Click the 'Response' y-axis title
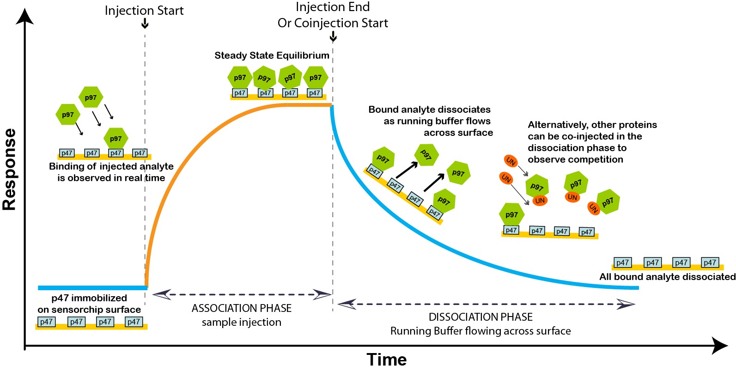[9, 169]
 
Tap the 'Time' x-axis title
[386, 360]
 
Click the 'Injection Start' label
[144, 11]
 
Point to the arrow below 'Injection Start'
[145, 23]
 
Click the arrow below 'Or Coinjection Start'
[333, 37]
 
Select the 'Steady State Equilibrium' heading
[272, 55]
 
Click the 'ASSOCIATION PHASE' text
[242, 308]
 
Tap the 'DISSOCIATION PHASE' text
[481, 317]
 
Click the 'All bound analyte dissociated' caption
[667, 277]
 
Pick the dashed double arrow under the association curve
[242, 294]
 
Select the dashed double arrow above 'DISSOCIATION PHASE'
[486, 305]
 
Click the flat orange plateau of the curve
[309, 105]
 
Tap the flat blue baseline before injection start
[93, 288]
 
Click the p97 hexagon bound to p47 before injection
[116, 138]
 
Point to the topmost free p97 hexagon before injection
[91, 97]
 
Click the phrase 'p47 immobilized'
[89, 298]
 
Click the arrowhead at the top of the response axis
[24, 17]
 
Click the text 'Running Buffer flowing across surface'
[481, 331]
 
